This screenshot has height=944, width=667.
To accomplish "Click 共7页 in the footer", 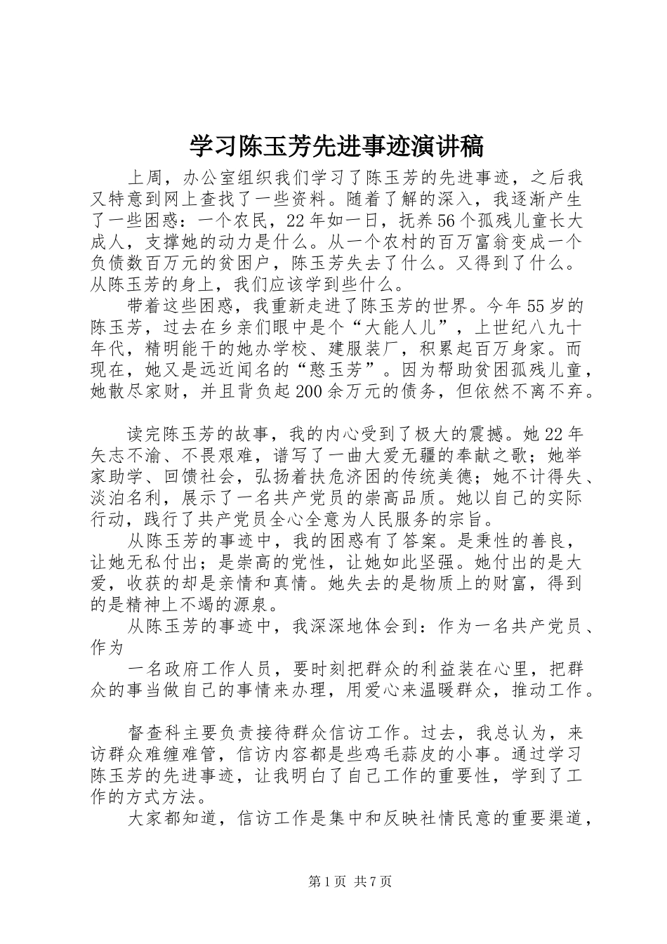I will pos(373,881).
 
